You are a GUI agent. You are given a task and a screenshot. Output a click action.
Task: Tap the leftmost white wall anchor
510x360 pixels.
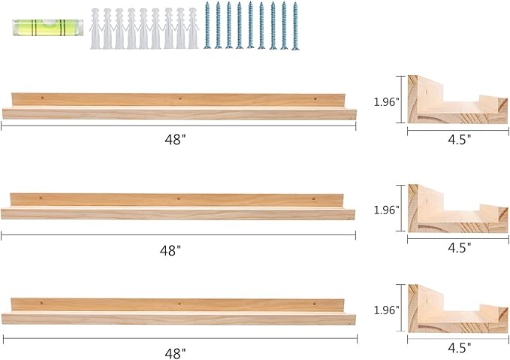coord(95,28)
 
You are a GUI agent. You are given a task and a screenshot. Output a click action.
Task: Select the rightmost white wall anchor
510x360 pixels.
coord(193,28)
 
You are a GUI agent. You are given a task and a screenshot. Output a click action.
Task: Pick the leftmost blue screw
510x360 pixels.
coord(208,26)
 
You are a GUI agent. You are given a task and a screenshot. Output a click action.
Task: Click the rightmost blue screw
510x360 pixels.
coord(294,26)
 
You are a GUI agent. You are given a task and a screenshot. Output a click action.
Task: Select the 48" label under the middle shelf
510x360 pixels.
coord(177,248)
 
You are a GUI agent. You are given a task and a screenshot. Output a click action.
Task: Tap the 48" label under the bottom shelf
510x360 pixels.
coord(177,351)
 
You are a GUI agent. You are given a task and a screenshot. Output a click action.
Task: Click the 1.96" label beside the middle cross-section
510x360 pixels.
coord(387,210)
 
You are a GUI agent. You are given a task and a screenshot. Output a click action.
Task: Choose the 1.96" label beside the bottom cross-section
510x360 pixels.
coord(387,309)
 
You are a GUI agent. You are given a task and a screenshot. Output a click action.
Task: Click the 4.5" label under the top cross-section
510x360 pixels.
coord(458,139)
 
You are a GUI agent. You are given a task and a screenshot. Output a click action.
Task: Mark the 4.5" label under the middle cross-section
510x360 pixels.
coord(458,246)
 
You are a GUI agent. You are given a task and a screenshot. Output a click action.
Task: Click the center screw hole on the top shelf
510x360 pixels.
coord(180,98)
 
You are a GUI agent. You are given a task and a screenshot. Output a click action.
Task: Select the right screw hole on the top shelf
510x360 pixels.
coord(315,98)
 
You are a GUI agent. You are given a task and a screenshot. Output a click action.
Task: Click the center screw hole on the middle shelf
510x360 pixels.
coord(179,198)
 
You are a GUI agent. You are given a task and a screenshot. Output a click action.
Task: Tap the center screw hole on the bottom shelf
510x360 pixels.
coord(179,303)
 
